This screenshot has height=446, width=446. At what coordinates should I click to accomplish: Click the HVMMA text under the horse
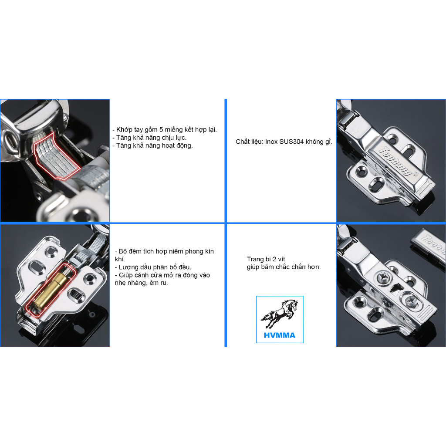point(280,335)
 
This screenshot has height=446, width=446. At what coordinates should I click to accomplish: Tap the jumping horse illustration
point(280,314)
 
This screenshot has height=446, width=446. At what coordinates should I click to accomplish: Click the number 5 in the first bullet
point(161,130)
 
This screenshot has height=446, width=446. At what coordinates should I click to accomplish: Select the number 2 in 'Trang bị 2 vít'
point(274,259)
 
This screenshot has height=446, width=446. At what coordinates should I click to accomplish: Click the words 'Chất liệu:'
point(250,142)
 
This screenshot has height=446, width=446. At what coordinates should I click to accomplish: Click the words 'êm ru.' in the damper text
point(159,283)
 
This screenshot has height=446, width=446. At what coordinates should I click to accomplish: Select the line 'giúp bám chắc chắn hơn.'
point(284,267)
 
